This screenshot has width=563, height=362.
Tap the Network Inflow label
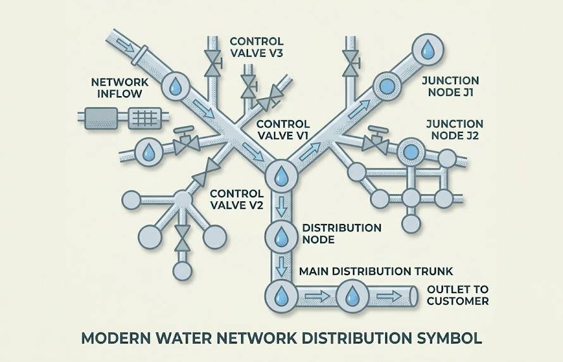120,89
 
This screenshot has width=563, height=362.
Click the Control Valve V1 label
283,130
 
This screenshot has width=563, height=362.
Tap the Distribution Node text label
342,234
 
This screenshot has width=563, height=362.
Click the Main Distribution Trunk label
375,271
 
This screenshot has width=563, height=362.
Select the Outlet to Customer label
457,296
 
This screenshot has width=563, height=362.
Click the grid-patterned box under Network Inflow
144,118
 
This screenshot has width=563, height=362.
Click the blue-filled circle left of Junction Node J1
383,85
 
